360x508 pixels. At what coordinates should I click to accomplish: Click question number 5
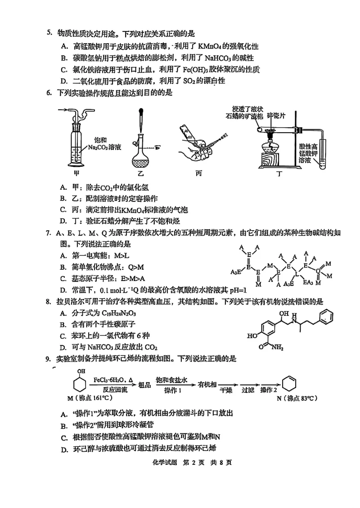click(x=49, y=33)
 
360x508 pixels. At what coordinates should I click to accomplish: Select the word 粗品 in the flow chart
click(x=144, y=385)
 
